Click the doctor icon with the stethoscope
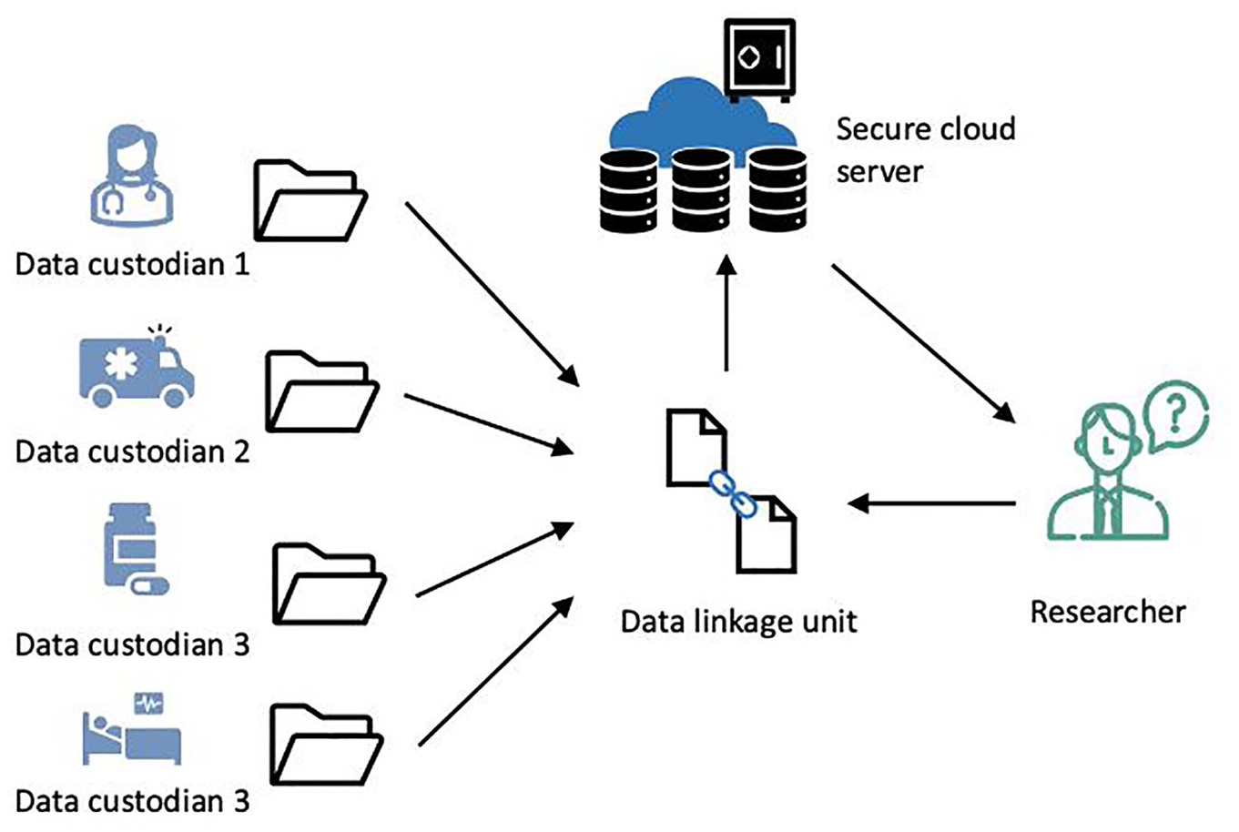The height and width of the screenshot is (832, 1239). pyautogui.click(x=132, y=175)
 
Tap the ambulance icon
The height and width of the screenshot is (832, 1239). pyautogui.click(x=137, y=368)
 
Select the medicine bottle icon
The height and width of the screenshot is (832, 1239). pyautogui.click(x=136, y=549)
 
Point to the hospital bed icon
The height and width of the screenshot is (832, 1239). pyautogui.click(x=132, y=729)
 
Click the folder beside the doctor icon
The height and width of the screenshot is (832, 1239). pyautogui.click(x=310, y=200)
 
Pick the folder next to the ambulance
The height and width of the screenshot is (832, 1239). pyautogui.click(x=322, y=391)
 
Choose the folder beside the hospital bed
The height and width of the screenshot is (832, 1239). pyautogui.click(x=327, y=745)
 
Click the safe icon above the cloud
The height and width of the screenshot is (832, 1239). pyautogui.click(x=760, y=60)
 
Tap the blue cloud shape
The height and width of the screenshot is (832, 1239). pyautogui.click(x=703, y=119)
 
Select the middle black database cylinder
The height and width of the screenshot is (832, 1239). pyautogui.click(x=701, y=189)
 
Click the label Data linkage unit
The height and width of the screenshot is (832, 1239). pyautogui.click(x=739, y=622)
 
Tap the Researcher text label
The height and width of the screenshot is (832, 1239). pyautogui.click(x=1108, y=613)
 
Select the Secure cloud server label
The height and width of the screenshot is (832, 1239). pyautogui.click(x=926, y=150)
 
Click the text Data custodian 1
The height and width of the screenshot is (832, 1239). pyautogui.click(x=132, y=264)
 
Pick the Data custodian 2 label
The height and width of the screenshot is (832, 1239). pyautogui.click(x=132, y=452)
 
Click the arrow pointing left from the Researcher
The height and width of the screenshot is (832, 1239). pyautogui.click(x=931, y=503)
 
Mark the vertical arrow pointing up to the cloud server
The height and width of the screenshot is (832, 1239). pyautogui.click(x=726, y=312)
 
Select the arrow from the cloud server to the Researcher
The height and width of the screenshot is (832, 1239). pyautogui.click(x=924, y=344)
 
